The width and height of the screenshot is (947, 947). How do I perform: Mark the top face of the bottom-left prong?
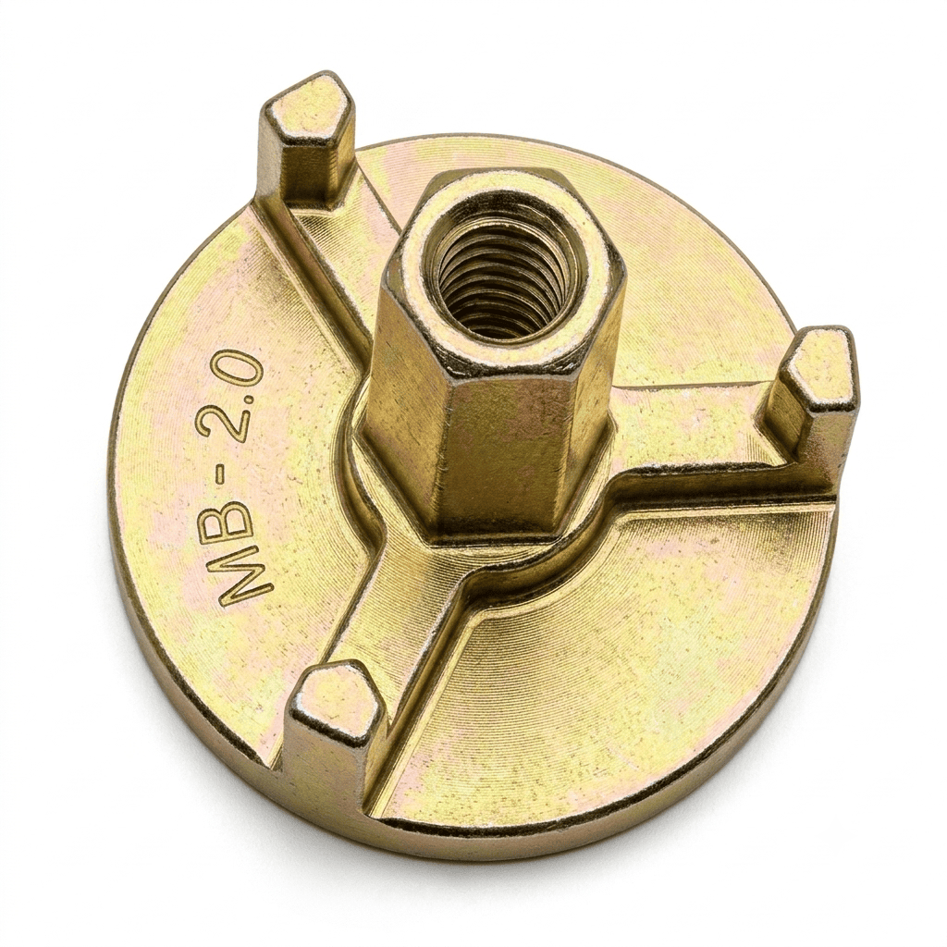(x=335, y=695)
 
